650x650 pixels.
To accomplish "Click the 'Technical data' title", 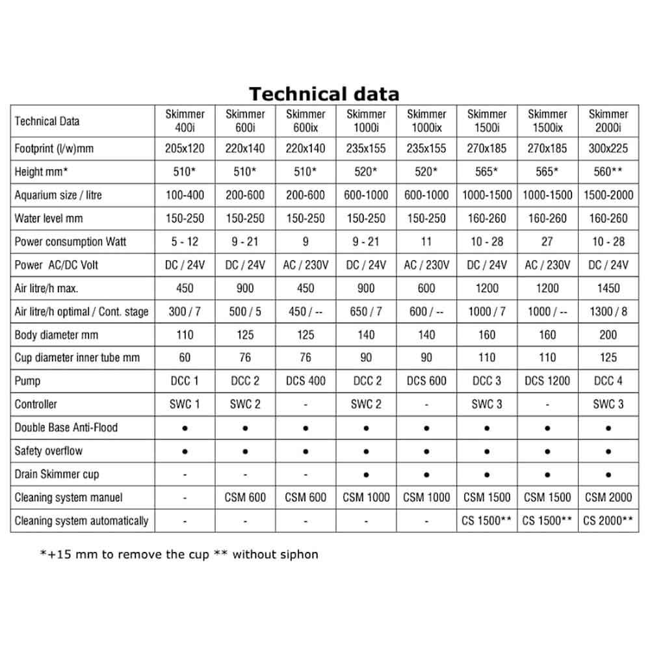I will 324,94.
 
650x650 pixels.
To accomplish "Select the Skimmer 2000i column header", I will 608,121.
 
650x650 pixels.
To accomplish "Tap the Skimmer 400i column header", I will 185,121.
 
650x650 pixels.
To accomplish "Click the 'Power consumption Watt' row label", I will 70,242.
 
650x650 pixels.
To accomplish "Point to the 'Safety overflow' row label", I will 49,451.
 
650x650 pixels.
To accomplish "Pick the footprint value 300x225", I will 608,148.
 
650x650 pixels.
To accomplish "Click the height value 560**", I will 608,172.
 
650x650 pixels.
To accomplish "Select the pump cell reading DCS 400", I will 305,381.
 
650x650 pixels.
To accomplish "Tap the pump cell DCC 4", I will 608,381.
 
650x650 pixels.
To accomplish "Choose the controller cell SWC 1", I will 185,404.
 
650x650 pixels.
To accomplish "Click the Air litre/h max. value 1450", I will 608,288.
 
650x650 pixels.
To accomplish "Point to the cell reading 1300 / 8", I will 608,311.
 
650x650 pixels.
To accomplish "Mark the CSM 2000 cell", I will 608,497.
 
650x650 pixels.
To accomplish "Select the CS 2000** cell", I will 608,521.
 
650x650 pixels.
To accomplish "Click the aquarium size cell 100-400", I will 185,195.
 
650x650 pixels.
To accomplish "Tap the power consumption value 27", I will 547,242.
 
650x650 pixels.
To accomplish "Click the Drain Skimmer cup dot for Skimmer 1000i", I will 366,474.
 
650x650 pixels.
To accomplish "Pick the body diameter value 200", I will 608,335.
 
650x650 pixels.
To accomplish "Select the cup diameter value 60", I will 185,357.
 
